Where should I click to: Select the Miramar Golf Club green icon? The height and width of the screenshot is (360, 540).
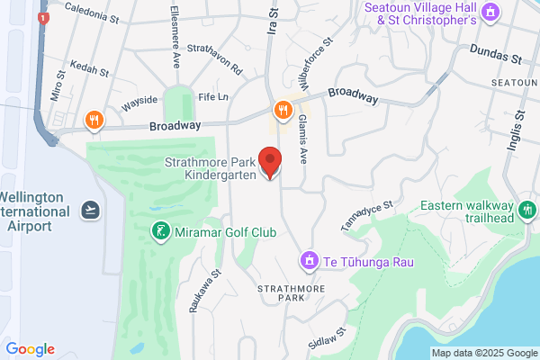coord(159,232)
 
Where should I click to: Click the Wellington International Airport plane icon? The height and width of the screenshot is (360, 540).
coord(89,210)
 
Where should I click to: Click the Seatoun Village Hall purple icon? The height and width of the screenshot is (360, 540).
coord(490,12)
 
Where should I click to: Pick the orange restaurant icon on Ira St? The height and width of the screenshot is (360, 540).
coord(283,110)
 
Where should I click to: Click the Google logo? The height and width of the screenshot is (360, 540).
coord(30,349)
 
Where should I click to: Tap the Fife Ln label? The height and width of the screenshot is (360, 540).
coord(213,96)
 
